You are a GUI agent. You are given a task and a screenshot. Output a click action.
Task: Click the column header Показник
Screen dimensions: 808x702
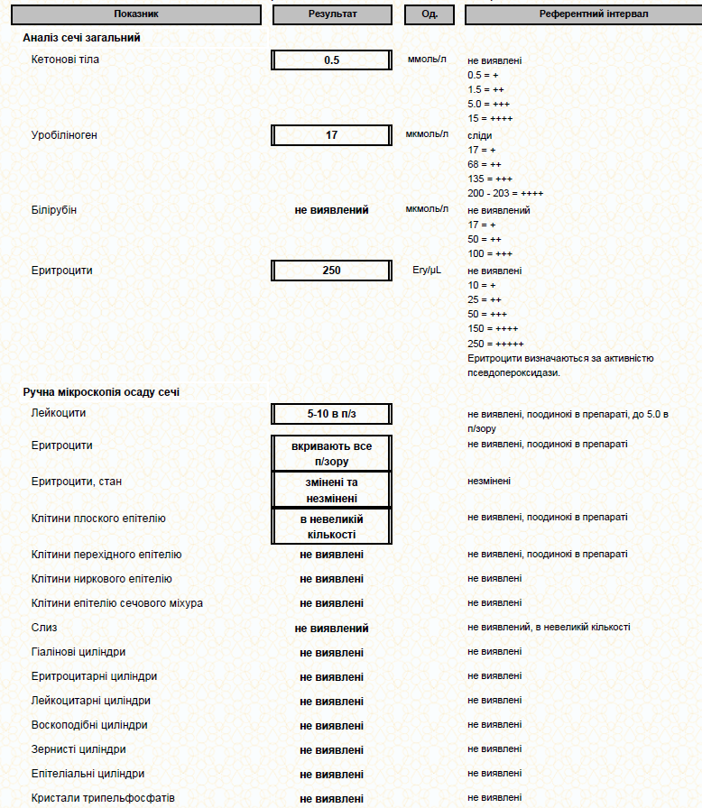pos(137,14)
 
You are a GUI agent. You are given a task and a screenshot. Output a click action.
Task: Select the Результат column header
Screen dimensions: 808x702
pos(332,14)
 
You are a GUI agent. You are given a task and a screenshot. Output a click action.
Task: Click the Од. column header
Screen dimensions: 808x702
pos(430,14)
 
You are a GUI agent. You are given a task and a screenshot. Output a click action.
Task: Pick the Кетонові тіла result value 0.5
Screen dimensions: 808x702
pos(332,60)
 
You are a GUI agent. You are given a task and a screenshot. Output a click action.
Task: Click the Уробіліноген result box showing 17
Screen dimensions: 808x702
pos(332,135)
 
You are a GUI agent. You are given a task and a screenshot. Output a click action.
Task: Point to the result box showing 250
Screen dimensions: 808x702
pos(332,270)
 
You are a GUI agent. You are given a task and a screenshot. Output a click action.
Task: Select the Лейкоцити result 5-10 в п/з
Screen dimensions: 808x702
pos(332,414)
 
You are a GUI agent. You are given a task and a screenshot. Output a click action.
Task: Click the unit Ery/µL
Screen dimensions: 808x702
pos(426,270)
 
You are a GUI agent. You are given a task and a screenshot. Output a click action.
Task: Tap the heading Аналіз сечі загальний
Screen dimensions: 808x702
pos(81,38)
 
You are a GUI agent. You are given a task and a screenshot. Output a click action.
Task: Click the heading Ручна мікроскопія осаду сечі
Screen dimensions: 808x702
pos(101,392)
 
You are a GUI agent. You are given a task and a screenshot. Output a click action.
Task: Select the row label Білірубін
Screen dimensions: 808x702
pos(54,210)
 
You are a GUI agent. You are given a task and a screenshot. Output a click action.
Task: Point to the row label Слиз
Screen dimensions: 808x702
pos(44,627)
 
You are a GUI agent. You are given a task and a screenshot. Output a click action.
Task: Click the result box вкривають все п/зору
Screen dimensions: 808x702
pos(332,453)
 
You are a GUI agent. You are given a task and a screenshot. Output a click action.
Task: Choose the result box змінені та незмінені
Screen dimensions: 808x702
pos(332,490)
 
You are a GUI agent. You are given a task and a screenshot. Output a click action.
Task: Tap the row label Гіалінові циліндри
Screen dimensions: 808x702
pos(79,651)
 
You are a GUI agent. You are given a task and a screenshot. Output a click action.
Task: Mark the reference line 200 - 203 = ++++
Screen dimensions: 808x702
pos(505,193)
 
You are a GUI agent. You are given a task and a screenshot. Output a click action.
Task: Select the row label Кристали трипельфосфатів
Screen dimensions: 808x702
pos(103,798)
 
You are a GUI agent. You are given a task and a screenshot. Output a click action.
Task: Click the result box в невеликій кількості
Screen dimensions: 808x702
pos(332,527)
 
